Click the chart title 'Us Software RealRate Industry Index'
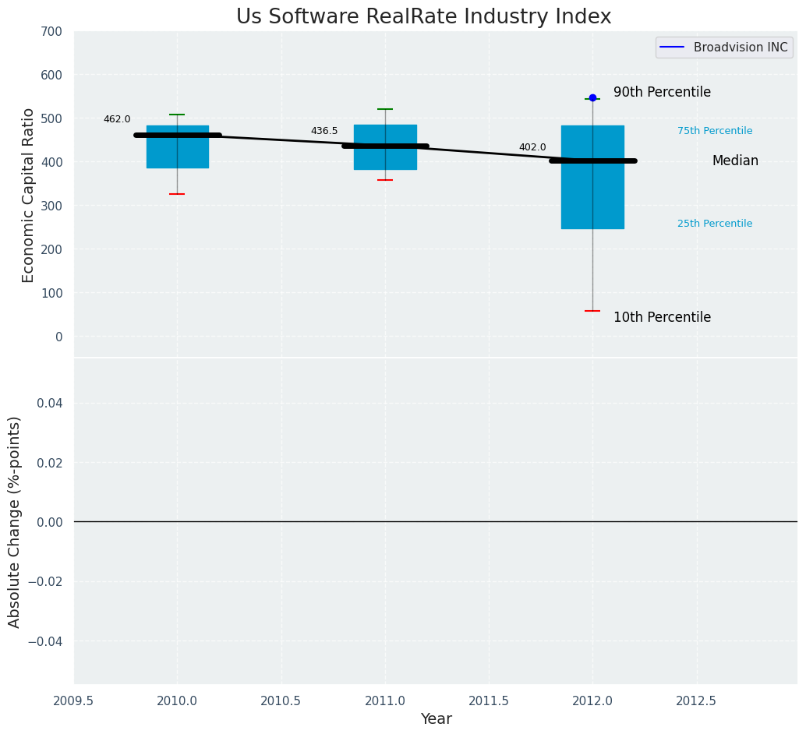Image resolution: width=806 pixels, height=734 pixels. click(423, 17)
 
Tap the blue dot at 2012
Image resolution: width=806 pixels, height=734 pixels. click(592, 97)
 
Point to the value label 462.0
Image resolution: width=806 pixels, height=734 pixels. click(117, 119)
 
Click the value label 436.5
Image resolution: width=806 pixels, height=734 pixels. click(324, 131)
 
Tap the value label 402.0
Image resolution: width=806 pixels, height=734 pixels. click(532, 147)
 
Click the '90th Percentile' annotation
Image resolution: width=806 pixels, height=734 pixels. click(662, 92)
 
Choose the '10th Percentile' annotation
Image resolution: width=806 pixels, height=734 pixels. click(662, 317)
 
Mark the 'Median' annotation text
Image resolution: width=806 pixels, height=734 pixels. click(735, 161)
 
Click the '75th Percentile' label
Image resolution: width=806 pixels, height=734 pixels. click(715, 131)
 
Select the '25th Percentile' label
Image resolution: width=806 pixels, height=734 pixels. click(715, 224)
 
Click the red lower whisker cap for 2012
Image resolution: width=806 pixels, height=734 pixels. click(592, 311)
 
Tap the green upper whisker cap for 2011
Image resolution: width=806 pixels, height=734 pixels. click(385, 109)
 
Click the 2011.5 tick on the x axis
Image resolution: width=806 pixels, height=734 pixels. click(489, 700)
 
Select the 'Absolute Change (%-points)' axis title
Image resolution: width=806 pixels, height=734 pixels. click(15, 521)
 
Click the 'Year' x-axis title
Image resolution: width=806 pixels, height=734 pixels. click(436, 719)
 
